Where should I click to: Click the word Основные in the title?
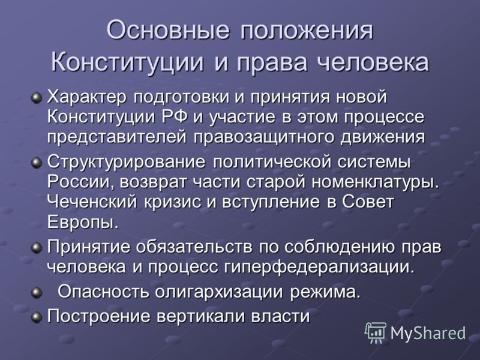pyautogui.click(x=168, y=30)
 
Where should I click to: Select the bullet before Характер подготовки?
pyautogui.click(x=37, y=98)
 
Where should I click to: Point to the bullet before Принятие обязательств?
pyautogui.click(x=37, y=247)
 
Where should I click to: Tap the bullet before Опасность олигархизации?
pyautogui.click(x=37, y=293)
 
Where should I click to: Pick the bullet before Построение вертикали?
pyautogui.click(x=37, y=317)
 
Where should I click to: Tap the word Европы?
pyautogui.click(x=83, y=222)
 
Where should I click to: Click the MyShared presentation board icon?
pyautogui.click(x=376, y=332)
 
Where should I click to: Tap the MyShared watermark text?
pyautogui.click(x=428, y=333)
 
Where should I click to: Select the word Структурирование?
pyautogui.click(x=126, y=162)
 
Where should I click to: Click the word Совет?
pyautogui.click(x=368, y=202)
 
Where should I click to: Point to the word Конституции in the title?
pyautogui.click(x=127, y=62)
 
